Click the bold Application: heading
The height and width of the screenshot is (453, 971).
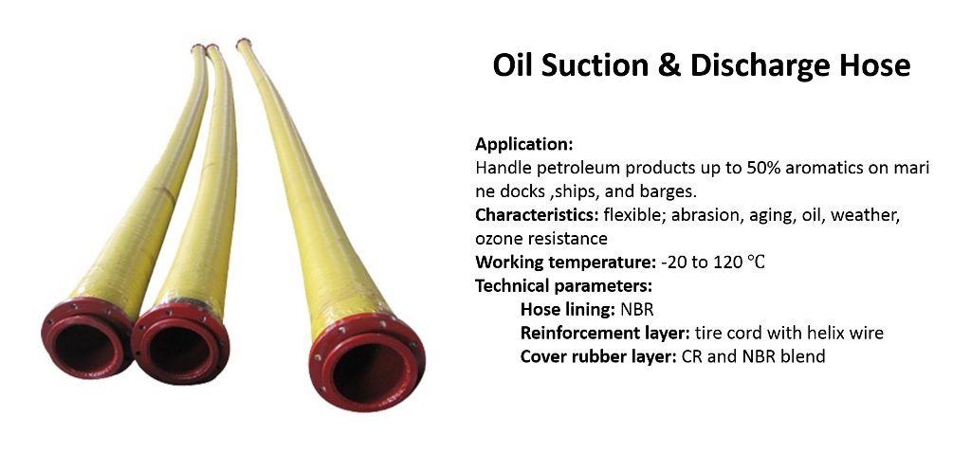523,145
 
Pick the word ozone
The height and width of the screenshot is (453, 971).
497,239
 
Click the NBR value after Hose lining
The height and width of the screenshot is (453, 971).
638,310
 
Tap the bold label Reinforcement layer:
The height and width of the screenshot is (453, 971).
605,334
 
